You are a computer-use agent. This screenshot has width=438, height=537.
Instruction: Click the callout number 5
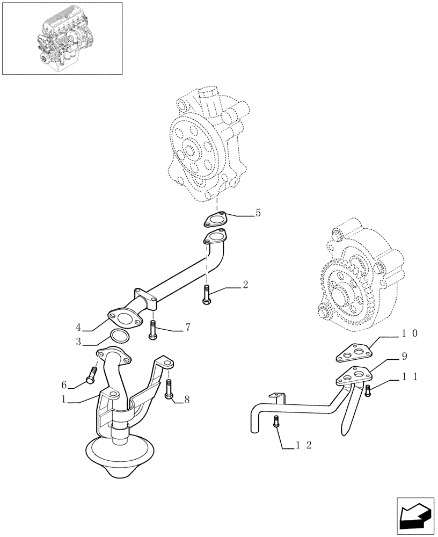tap(258, 213)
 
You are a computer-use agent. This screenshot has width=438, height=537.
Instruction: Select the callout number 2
tap(245, 285)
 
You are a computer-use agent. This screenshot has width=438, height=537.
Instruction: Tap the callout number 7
tap(188, 327)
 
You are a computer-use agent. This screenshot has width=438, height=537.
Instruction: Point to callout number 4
tap(78, 327)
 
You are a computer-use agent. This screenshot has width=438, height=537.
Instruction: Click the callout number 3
tap(78, 342)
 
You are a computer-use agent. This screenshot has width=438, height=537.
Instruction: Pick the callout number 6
tap(64, 384)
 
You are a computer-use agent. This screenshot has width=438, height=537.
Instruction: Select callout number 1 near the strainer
tap(64, 400)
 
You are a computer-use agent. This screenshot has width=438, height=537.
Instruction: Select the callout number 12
tap(304, 445)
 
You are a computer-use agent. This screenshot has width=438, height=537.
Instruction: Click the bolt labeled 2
tap(206, 296)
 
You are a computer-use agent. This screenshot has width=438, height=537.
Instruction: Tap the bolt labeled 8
tap(169, 389)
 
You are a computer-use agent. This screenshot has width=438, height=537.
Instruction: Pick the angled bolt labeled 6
tap(91, 375)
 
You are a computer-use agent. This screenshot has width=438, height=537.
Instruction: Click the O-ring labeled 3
tap(120, 337)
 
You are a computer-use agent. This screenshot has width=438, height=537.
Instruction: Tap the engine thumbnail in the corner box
tap(62, 38)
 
